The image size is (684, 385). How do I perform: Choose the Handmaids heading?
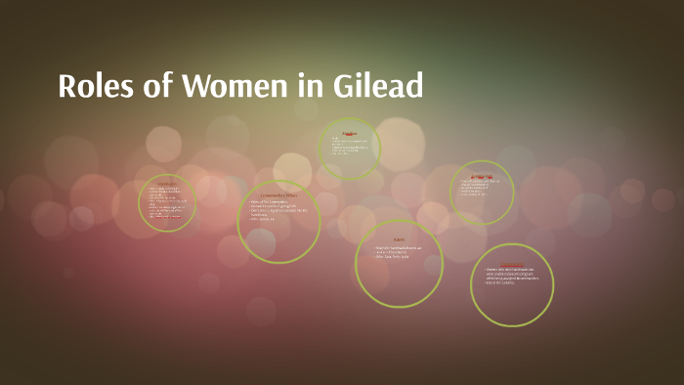point(166,184)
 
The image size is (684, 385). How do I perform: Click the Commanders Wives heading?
point(278,196)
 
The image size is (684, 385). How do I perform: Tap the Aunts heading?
point(399,238)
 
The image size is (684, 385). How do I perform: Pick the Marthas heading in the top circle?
point(349,132)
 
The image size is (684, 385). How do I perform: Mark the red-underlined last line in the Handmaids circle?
point(165,216)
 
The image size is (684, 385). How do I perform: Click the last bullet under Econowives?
point(475,193)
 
